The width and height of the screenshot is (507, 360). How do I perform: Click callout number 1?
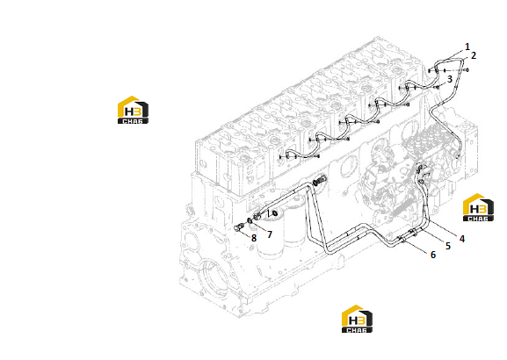click(467, 47)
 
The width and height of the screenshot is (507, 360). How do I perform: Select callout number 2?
click(474, 55)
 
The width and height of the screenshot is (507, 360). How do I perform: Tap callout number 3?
click(449, 79)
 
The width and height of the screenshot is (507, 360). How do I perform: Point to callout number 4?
click(462, 239)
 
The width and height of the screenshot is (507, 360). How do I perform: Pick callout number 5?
click(448, 246)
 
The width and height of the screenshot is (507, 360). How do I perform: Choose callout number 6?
click(433, 255)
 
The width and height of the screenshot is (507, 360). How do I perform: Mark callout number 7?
click(270, 234)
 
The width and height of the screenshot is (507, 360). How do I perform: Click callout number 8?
click(254, 238)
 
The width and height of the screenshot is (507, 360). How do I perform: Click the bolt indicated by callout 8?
click(239, 227)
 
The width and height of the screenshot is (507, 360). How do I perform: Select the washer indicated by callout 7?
click(250, 221)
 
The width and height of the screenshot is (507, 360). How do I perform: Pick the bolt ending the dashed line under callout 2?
click(466, 69)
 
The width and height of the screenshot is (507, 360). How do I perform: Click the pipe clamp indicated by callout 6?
click(402, 240)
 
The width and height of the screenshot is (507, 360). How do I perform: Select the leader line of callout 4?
click(442, 228)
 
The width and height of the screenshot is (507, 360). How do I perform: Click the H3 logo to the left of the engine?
click(133, 110)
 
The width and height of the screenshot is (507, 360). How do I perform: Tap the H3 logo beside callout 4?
click(478, 207)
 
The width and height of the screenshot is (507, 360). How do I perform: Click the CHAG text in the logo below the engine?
click(357, 330)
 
